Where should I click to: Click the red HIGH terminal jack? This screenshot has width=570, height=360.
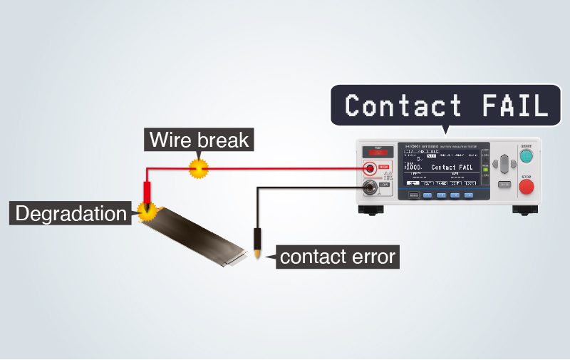pos(370,168)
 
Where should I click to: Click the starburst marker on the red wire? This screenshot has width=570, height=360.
pos(197,168)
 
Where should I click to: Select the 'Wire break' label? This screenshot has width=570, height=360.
pos(199,138)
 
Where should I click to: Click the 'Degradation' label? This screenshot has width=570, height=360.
pos(71,212)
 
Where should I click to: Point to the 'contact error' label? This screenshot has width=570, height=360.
pos(337,256)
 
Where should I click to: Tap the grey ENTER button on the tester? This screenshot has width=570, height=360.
pos(504,184)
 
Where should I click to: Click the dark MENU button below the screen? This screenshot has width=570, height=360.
pos(413,194)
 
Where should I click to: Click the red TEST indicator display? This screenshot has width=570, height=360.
pos(375,152)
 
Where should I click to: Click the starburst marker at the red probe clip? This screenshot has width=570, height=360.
pos(148,210)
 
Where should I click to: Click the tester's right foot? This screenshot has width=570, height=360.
pos(524,210)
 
